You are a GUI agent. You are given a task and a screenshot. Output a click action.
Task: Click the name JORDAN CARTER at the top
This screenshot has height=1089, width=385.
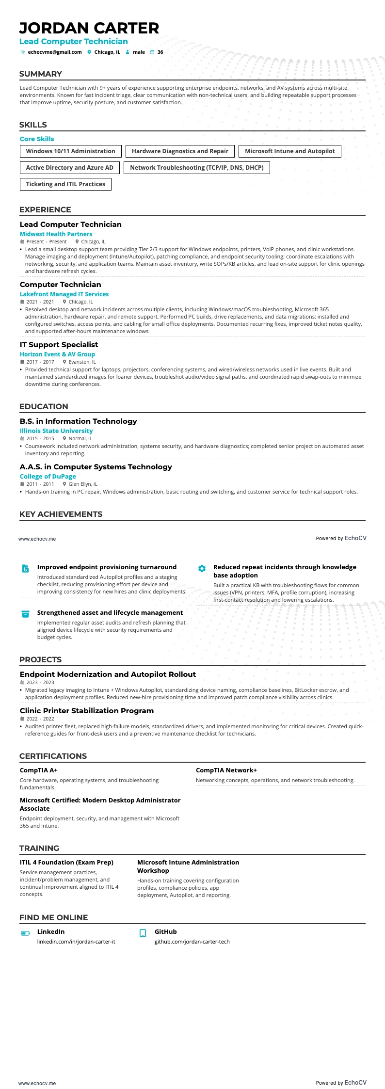(x=89, y=28)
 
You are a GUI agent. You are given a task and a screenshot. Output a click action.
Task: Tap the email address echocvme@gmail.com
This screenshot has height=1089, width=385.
(x=55, y=52)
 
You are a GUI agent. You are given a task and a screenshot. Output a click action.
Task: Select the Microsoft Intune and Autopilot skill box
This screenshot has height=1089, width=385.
(x=289, y=151)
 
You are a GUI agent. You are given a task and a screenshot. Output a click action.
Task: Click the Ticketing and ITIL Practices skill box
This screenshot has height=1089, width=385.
(x=65, y=184)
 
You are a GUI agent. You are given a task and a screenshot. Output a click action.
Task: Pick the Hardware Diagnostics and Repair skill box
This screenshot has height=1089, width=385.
(x=180, y=151)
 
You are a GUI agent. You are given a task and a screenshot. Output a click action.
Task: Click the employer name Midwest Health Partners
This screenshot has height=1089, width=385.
(x=56, y=234)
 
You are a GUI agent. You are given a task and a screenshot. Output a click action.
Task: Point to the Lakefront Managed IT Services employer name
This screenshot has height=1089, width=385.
(x=64, y=294)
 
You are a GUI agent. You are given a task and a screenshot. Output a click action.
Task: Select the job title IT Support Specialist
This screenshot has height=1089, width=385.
(x=59, y=345)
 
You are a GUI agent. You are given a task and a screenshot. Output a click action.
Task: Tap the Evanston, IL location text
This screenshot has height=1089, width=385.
(x=82, y=362)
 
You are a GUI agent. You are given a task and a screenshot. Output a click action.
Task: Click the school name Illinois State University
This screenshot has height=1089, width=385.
(x=56, y=431)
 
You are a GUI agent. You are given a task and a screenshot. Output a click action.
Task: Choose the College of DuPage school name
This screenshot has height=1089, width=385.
(x=48, y=477)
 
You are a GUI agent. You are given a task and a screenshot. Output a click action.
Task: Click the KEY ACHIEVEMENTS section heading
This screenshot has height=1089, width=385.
(x=61, y=514)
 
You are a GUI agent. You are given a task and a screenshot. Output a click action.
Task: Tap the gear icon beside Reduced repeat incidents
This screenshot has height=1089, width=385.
(x=202, y=568)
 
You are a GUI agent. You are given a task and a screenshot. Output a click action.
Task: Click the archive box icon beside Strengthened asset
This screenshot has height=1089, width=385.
(x=26, y=614)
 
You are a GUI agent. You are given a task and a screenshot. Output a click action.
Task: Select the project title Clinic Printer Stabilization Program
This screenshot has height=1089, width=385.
(x=87, y=711)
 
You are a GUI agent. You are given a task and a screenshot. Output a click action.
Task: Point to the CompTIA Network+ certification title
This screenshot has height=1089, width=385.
(x=226, y=770)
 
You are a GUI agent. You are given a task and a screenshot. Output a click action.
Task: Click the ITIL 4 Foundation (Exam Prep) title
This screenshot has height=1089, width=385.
(x=66, y=863)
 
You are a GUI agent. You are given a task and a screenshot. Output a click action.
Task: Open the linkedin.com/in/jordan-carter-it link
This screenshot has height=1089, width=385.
(x=76, y=942)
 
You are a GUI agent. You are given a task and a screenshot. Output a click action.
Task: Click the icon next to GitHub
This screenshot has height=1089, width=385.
(x=143, y=933)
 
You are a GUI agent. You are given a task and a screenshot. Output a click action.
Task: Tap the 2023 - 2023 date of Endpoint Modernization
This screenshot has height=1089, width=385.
(x=40, y=683)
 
